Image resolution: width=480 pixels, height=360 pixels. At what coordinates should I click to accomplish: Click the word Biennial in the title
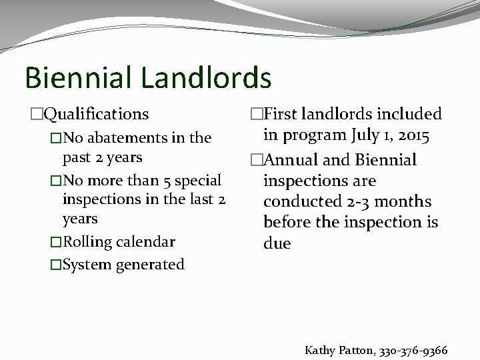click(76, 77)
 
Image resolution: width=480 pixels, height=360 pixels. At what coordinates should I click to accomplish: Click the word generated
click(151, 265)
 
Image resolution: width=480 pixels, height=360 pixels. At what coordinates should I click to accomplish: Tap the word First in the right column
click(280, 115)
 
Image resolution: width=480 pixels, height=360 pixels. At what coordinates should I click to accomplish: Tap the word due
click(277, 243)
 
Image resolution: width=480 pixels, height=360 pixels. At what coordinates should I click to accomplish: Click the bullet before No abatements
click(56, 139)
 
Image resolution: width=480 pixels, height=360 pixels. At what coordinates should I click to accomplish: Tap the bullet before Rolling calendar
click(56, 241)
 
